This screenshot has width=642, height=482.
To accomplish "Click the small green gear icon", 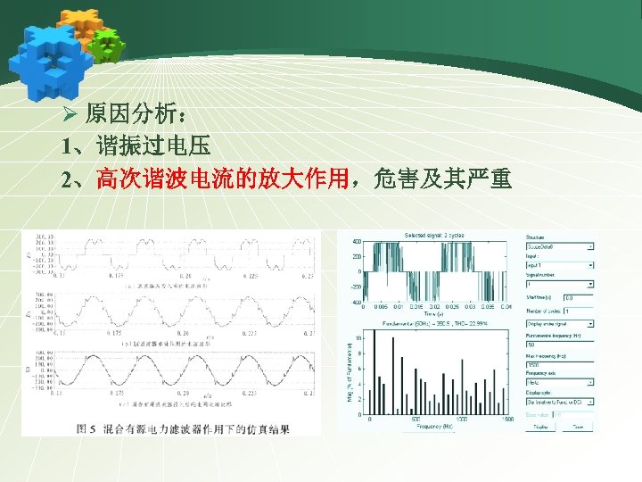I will pos(107,45).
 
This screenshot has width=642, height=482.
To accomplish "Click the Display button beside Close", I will pos(539,427).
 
